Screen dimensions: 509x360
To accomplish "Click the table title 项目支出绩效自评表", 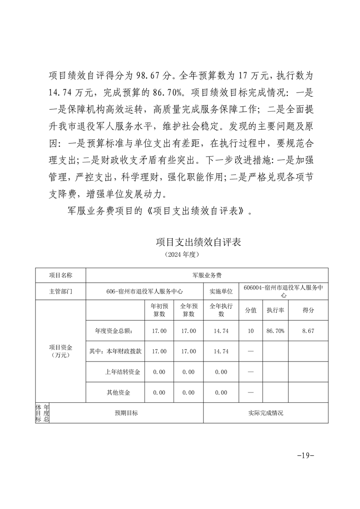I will click(197, 242).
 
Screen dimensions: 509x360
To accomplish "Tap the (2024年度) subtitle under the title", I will click(180, 255).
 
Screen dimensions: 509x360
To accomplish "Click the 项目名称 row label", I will click(60, 275).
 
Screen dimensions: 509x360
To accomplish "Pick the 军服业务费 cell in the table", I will click(207, 275).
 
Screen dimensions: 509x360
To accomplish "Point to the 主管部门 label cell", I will click(60, 291).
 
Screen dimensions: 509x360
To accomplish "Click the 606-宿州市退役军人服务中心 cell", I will click(144, 291).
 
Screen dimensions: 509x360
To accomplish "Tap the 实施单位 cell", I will click(221, 291).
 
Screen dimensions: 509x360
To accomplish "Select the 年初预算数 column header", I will click(159, 310).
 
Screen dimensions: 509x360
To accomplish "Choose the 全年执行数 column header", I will click(221, 310).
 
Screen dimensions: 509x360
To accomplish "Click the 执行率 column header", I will click(275, 310).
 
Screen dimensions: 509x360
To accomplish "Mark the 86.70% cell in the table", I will click(275, 331).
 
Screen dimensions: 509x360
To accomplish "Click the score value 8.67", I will click(308, 331).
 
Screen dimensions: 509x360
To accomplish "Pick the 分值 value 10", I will click(251, 331).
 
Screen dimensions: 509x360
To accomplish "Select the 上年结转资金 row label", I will click(122, 372).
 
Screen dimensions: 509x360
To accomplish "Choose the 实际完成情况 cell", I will click(266, 413).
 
